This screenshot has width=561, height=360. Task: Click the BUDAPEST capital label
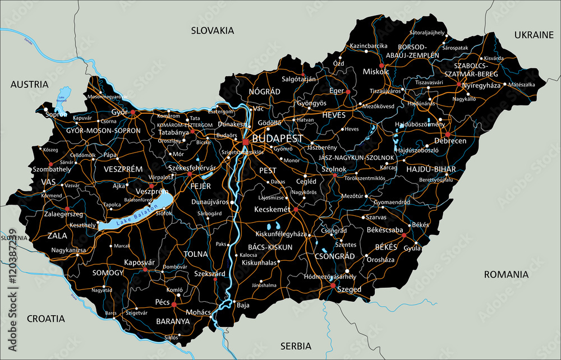278,139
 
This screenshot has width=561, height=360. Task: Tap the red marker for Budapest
246,142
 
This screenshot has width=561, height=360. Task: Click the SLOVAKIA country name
212,31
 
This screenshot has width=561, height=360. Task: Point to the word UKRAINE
534,35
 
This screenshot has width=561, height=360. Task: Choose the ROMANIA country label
507,274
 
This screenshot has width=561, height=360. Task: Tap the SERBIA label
297,346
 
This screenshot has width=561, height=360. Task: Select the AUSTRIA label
29,84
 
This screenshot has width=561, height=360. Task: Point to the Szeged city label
348,289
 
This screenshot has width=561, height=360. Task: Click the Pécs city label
162,302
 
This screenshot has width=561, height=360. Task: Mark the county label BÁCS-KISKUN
270,247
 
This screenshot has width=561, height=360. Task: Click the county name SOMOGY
108,273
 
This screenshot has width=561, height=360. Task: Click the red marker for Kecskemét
296,209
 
